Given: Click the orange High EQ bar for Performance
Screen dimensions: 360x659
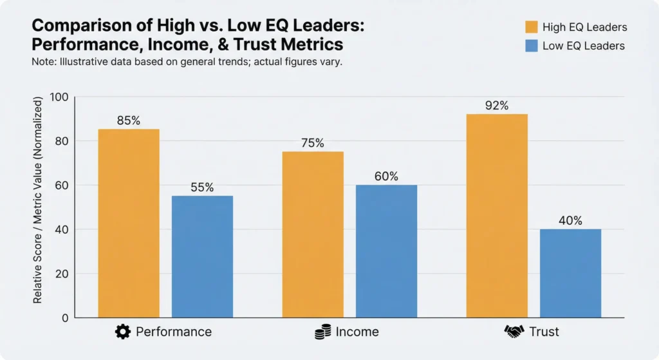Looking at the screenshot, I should click(x=129, y=223).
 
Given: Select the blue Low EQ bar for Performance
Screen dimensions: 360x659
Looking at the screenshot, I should click(x=202, y=256).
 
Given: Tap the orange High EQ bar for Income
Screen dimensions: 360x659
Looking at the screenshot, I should click(x=313, y=234).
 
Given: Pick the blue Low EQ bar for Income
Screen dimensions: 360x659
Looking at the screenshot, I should click(x=386, y=251).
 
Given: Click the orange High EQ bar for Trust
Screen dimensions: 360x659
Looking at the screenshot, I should click(x=497, y=216).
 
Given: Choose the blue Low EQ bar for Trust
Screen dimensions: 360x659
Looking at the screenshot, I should click(x=570, y=273).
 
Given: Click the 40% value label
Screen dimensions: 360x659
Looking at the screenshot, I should click(x=570, y=221).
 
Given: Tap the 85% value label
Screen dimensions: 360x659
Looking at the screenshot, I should click(x=129, y=121).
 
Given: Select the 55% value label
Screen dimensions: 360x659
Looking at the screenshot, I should click(x=202, y=188).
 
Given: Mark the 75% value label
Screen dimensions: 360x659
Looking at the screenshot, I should click(x=313, y=144).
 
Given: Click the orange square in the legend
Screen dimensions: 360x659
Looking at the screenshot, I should click(x=532, y=27).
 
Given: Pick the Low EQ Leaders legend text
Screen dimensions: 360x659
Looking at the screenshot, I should click(x=584, y=46).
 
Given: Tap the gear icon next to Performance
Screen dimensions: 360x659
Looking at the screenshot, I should click(x=122, y=332).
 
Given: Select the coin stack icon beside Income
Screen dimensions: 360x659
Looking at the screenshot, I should click(x=322, y=332).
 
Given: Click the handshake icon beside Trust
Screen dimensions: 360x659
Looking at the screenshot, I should click(x=514, y=332).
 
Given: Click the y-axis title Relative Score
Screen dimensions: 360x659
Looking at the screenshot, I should click(x=38, y=201).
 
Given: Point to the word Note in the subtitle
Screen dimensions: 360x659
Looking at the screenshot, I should click(x=42, y=63).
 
